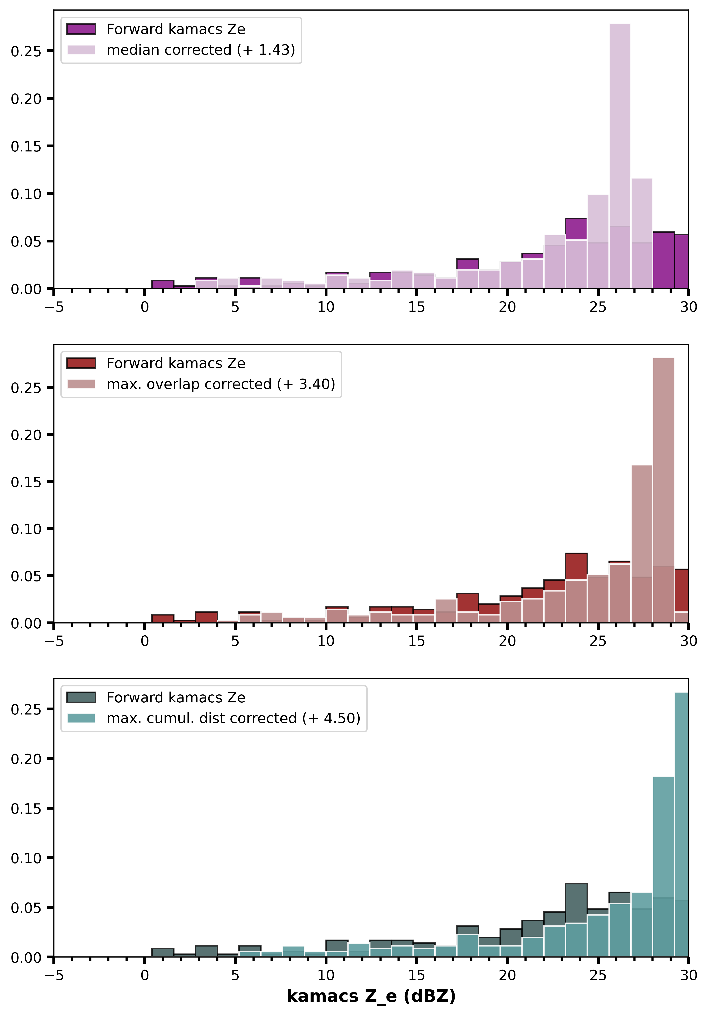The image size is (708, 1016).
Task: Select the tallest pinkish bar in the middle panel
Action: pos(663,490)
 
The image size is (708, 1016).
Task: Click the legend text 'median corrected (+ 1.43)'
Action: pos(201,50)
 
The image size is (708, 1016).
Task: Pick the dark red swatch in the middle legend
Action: pos(81,363)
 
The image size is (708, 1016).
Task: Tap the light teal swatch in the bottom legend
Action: pos(81,718)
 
